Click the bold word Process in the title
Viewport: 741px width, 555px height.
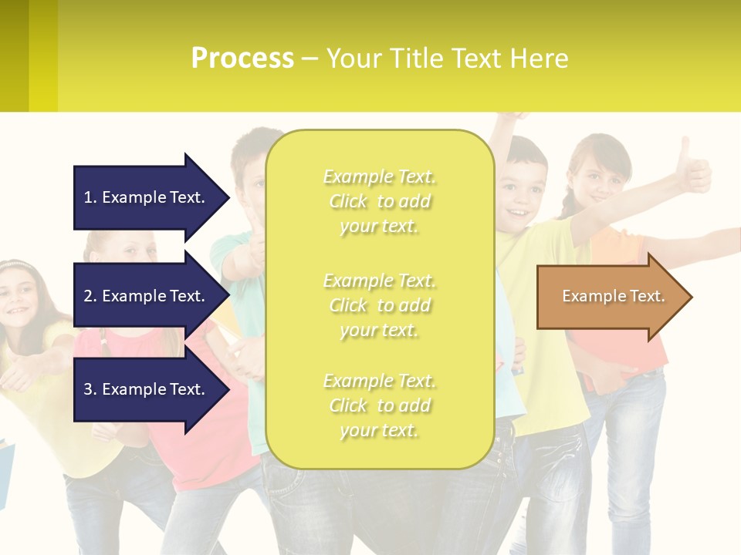242,59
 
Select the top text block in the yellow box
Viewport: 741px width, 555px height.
379,201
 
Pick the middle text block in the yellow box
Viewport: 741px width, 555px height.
379,305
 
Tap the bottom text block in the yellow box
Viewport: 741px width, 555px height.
379,405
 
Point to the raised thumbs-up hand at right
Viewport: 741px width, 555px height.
692,170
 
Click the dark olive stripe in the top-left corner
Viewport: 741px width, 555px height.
14,54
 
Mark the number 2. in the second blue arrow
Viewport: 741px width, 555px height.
90,296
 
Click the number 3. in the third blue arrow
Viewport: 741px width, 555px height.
90,389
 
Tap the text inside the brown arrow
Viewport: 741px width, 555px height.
613,296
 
